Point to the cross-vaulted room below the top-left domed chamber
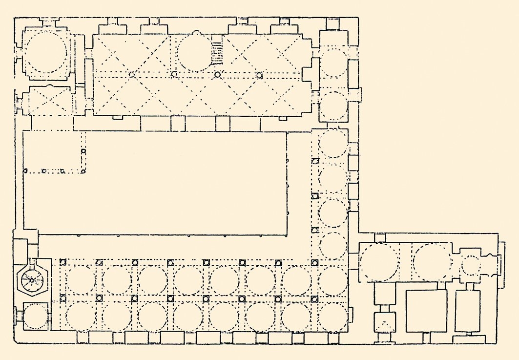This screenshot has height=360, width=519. click(48, 101)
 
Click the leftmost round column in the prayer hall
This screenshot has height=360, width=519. click(131, 74)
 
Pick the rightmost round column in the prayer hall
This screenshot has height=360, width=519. click(259, 75)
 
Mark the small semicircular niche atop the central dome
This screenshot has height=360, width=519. click(196, 33)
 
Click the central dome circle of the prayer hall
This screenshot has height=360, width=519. click(196, 53)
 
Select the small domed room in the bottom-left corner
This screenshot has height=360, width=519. click(35, 316)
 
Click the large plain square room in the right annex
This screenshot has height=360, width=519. click(427, 311)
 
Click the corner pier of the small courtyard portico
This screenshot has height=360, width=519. click(83, 170)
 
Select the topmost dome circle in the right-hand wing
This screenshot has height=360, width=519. click(334, 62)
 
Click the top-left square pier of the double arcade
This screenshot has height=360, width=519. click(62, 262)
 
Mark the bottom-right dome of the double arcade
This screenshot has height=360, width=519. click(333, 316)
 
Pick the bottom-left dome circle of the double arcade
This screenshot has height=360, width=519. click(81, 316)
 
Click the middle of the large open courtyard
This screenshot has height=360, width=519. click(155, 183)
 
